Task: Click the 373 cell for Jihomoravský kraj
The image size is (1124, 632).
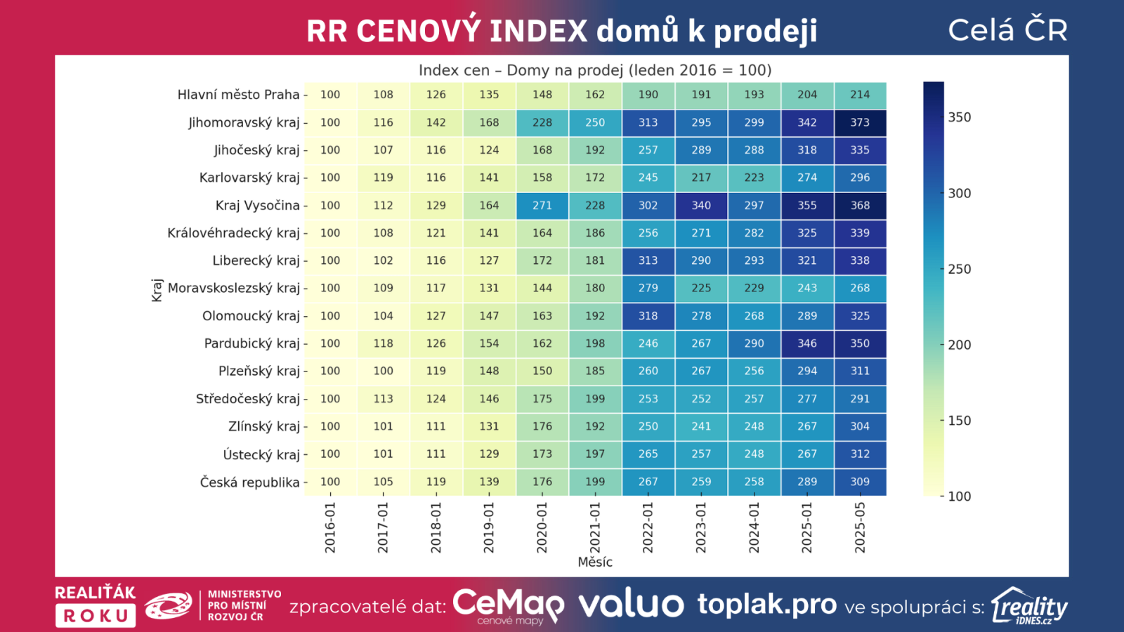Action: coord(860,122)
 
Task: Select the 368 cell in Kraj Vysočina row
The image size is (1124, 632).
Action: coord(860,205)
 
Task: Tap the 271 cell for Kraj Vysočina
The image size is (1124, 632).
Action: coord(542,205)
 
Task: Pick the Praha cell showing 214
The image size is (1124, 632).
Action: coord(860,95)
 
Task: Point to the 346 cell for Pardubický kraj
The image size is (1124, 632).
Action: coord(807,343)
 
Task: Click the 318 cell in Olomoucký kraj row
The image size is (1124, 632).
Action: coord(648,316)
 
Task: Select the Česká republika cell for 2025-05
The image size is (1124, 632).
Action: coord(860,482)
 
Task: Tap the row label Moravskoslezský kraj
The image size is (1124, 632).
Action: coord(234,288)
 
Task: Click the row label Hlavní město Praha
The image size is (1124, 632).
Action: coord(238,95)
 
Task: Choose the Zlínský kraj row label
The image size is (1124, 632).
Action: coord(264,426)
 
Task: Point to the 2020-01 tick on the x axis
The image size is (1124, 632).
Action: coord(542,527)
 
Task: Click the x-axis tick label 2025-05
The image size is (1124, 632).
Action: coord(860,527)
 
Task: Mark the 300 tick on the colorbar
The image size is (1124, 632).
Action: coord(959,193)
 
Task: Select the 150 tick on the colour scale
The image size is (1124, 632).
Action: coord(959,421)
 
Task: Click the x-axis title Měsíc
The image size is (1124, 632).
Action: coord(595,562)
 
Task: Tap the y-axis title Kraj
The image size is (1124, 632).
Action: coord(157,289)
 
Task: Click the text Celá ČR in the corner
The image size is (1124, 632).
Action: coord(1007,30)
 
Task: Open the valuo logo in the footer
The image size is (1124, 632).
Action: coord(631,605)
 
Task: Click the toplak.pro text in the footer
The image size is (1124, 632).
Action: coord(767,605)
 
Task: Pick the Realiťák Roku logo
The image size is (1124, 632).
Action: coord(96,605)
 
